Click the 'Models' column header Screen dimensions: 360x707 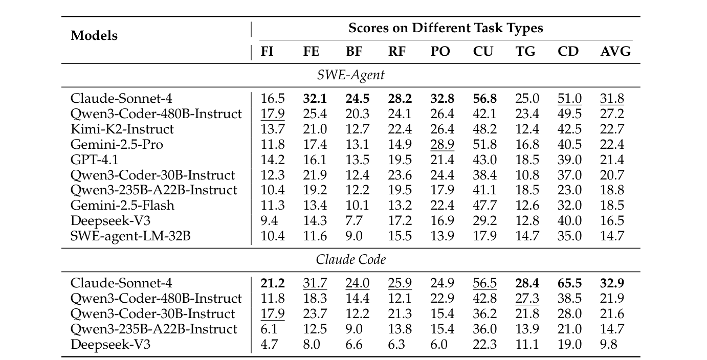click(x=94, y=36)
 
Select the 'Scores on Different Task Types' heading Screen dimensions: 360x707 click(x=446, y=28)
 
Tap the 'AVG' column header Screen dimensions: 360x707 click(x=615, y=52)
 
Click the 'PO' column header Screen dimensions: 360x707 click(x=441, y=52)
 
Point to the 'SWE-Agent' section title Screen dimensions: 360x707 click(x=350, y=75)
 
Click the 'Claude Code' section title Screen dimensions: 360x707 click(x=350, y=259)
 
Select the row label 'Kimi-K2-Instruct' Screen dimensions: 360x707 click(x=122, y=129)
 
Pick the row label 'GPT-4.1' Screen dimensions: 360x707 click(x=94, y=160)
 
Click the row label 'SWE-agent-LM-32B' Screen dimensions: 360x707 click(x=127, y=236)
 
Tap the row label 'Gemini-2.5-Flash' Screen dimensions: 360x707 click(x=122, y=206)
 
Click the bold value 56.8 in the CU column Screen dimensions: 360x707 click(x=483, y=98)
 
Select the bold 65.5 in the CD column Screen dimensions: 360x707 click(x=568, y=283)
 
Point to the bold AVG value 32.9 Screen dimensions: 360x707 click(x=611, y=283)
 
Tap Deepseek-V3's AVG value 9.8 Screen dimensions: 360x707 click(x=609, y=344)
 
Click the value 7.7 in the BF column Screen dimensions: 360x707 click(x=353, y=221)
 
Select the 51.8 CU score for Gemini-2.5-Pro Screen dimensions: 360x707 click(x=483, y=144)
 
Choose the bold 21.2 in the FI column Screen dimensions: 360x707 click(x=273, y=283)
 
